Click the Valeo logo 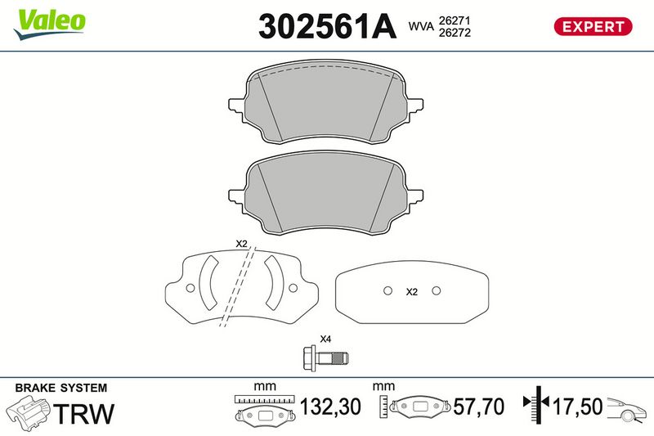(x=50, y=25)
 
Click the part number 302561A (x=327, y=27)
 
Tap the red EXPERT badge (x=593, y=27)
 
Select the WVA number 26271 (x=455, y=20)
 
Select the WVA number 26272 (x=455, y=33)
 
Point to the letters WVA (x=421, y=27)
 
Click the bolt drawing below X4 (x=325, y=357)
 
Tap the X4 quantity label (x=325, y=339)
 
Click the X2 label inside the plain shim (x=412, y=292)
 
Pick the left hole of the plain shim (x=387, y=290)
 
